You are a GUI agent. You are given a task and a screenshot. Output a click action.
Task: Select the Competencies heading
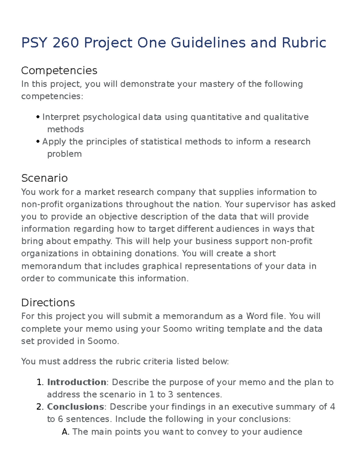coord(59,71)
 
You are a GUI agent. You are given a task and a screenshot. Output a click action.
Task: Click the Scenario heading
coord(44,178)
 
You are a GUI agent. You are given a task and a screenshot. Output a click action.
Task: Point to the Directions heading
coord(48,302)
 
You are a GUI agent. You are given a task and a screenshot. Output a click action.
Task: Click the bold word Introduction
coord(76,382)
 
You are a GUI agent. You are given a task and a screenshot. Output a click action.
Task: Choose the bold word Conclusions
coord(75,407)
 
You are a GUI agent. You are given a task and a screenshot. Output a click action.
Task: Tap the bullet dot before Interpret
coord(38,117)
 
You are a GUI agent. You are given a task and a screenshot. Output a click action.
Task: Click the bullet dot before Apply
coord(38,142)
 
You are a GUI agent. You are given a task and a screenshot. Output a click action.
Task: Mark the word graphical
coord(162,266)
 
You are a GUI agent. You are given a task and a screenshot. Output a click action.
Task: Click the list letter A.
coord(65,432)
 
